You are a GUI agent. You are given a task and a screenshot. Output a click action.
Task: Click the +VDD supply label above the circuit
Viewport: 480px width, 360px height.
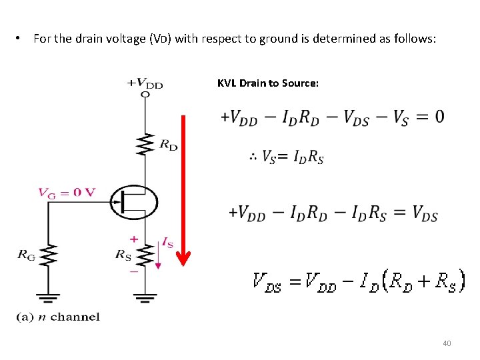[x=145, y=83]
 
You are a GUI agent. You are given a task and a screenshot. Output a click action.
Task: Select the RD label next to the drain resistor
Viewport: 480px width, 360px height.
[x=169, y=145]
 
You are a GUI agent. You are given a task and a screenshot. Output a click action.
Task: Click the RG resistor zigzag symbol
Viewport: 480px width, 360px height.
[x=49, y=254]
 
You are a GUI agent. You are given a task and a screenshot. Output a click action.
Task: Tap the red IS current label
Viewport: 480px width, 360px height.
[x=167, y=243]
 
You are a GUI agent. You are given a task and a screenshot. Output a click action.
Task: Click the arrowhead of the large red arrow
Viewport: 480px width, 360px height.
[x=184, y=258]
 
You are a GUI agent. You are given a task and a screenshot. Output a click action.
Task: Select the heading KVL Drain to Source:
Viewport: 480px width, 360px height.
[x=268, y=83]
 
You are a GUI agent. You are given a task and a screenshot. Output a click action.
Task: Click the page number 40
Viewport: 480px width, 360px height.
[x=447, y=343]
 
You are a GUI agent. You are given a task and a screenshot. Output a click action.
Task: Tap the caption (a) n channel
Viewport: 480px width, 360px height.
[x=58, y=317]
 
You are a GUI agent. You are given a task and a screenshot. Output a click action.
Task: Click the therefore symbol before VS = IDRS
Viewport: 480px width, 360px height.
[x=253, y=157]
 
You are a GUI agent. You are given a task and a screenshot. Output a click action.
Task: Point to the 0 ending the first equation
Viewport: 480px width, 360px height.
[x=439, y=117]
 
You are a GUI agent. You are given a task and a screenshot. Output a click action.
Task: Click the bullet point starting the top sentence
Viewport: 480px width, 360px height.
[x=18, y=39]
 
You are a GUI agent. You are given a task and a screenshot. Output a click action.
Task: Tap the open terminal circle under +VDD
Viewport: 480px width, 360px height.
[x=145, y=94]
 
